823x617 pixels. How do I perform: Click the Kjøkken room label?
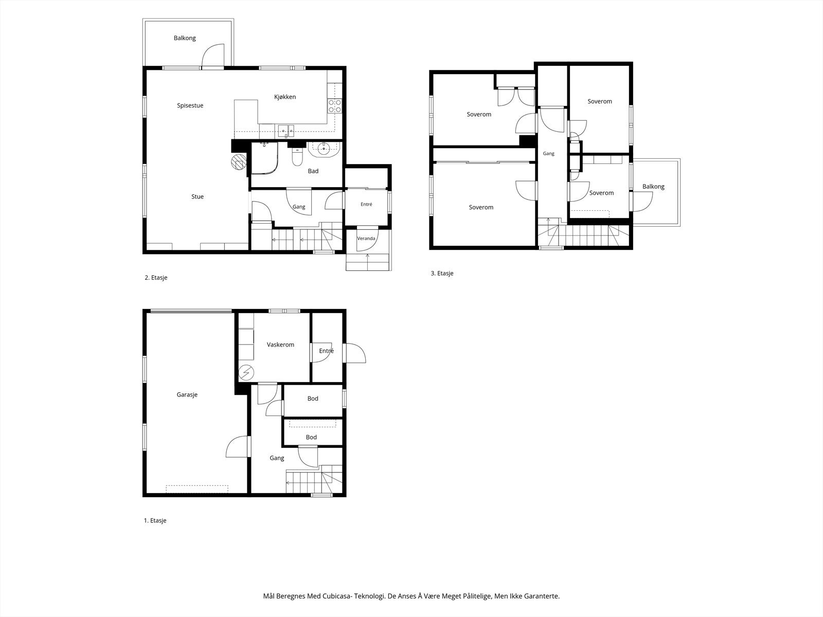coord(285,97)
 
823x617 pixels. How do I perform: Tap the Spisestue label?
coord(190,105)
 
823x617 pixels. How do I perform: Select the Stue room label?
coord(198,197)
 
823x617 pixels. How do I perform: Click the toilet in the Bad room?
coord(297,157)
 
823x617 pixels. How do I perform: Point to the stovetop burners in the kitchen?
coord(335,106)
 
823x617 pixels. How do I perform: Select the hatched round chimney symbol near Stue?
coord(239,162)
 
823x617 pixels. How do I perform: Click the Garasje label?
coord(187,394)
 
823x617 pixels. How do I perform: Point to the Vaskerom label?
coord(280,344)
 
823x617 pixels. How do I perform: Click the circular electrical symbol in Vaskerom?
coord(246,373)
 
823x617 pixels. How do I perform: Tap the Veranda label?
coord(366,238)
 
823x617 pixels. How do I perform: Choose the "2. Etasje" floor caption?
coord(156,278)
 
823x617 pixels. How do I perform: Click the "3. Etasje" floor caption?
coord(442,274)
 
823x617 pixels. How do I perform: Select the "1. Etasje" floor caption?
coord(155,520)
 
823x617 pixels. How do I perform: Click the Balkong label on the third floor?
coord(653,187)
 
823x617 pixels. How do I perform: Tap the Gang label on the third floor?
coord(548,154)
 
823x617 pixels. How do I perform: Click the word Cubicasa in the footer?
coord(337,596)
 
